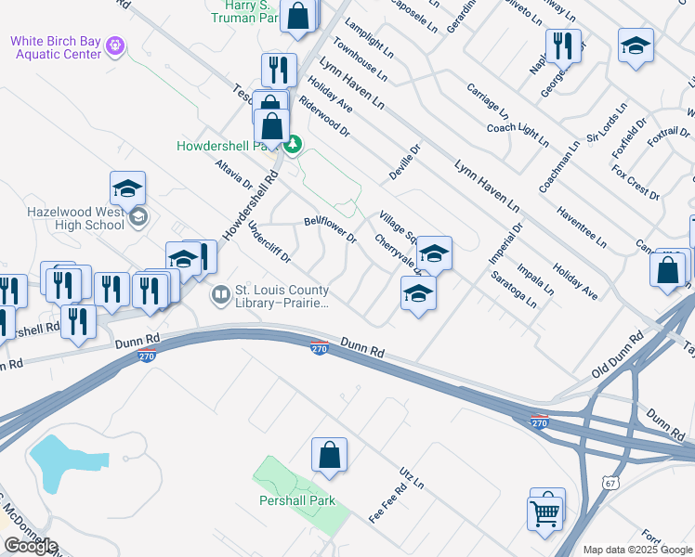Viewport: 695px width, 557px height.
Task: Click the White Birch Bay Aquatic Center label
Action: pyautogui.click(x=56, y=46)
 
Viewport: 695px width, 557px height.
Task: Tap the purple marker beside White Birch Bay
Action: pyautogui.click(x=115, y=44)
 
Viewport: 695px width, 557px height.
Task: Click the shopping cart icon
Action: pyautogui.click(x=545, y=511)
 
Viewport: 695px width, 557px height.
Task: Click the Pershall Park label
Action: pyautogui.click(x=297, y=501)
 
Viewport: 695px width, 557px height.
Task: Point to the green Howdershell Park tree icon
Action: pyautogui.click(x=293, y=145)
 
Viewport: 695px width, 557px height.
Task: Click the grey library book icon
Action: pyautogui.click(x=221, y=297)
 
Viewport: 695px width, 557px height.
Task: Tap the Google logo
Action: pyautogui.click(x=31, y=546)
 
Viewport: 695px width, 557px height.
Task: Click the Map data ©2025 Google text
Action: pyautogui.click(x=637, y=550)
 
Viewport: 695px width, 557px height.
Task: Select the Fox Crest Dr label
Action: pyautogui.click(x=636, y=184)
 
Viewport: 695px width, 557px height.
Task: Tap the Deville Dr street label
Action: pyautogui.click(x=404, y=162)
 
